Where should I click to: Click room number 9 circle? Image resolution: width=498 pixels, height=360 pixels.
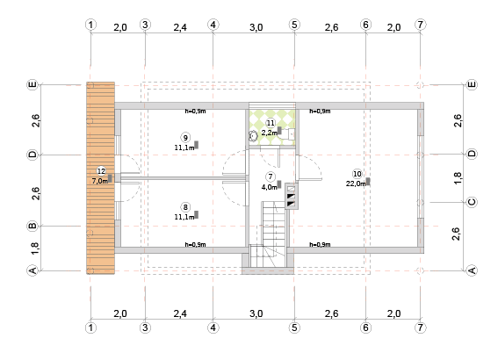(x=185, y=138)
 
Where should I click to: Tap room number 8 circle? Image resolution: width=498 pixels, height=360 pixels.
(x=185, y=207)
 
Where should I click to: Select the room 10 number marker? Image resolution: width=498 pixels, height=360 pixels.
(x=357, y=174)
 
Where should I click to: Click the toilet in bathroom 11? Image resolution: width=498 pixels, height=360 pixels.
(x=253, y=136)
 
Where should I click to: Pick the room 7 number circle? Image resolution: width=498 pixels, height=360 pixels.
(x=271, y=176)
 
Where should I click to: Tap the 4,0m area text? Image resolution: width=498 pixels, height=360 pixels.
(x=270, y=187)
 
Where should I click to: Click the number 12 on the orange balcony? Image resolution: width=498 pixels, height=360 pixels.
(x=101, y=171)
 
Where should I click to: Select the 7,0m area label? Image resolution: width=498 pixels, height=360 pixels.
(x=100, y=181)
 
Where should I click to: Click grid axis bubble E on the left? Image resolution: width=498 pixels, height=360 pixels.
(x=32, y=85)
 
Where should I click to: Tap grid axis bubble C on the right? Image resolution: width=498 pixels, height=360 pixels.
(x=472, y=202)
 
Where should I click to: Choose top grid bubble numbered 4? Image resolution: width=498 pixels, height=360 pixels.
(x=213, y=25)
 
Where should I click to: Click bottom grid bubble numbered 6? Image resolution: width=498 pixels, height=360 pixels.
(x=366, y=328)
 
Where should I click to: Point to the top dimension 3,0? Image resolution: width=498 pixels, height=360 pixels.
(x=256, y=27)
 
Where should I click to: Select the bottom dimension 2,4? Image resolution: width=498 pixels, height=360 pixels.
(x=180, y=313)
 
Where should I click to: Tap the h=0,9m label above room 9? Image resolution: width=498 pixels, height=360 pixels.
(x=195, y=112)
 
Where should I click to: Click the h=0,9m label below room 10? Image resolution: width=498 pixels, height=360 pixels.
(x=320, y=244)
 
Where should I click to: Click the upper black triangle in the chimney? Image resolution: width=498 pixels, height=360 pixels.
(x=291, y=196)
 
